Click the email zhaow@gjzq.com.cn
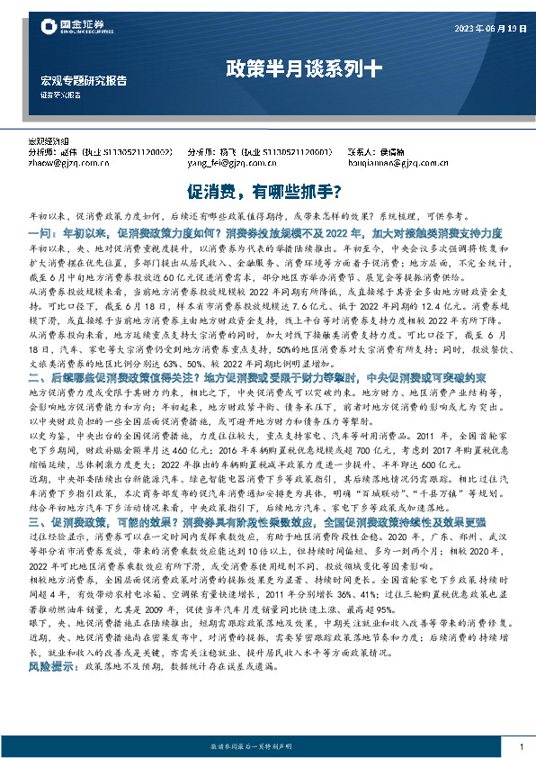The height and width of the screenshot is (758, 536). tap(66, 163)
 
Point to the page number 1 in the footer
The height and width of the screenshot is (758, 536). tap(521, 746)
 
